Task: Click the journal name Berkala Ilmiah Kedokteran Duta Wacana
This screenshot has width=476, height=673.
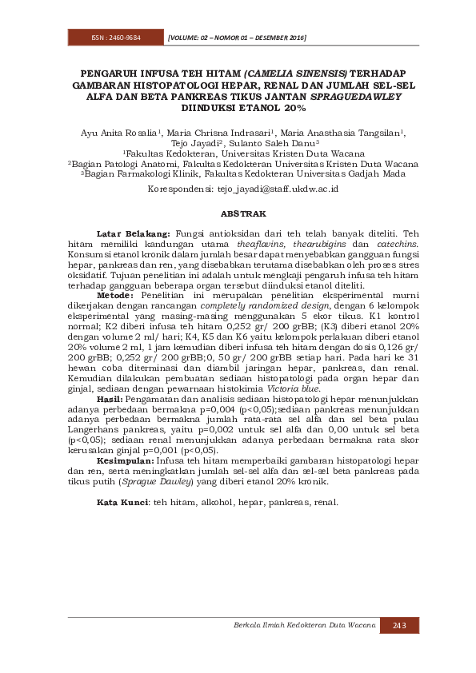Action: coord(305,625)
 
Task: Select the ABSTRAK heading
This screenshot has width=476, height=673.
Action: coord(238,213)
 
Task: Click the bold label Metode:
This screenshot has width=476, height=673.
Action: coord(116,295)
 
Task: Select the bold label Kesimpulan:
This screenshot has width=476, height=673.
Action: coord(125,461)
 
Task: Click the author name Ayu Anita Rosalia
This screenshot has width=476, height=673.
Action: coord(118,133)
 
